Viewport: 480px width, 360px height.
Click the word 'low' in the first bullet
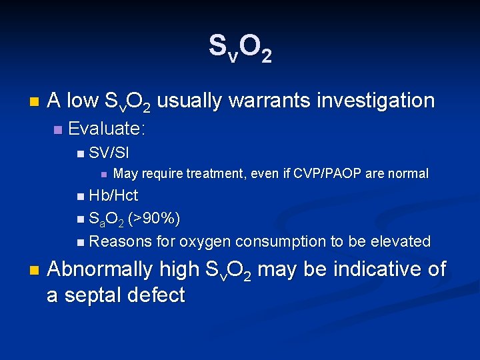coord(83,101)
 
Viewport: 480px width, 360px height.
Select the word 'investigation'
coord(375,101)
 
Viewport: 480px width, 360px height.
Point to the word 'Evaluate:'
coord(107,128)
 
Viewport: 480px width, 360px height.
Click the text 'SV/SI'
coord(109,153)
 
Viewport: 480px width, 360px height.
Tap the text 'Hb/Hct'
coord(113,196)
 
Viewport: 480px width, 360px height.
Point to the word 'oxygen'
coord(206,241)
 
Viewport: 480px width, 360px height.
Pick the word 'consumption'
coord(279,241)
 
